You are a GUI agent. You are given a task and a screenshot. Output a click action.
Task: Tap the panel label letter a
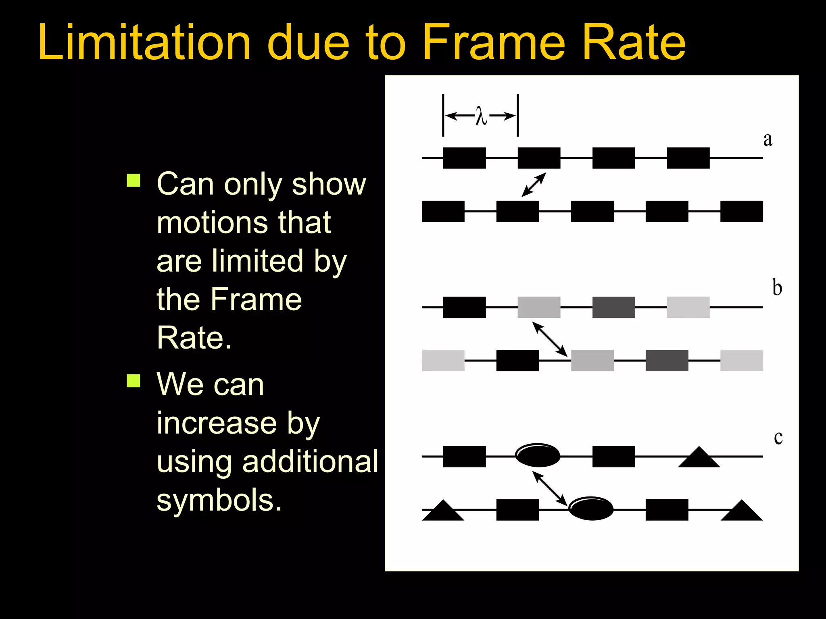tap(768, 139)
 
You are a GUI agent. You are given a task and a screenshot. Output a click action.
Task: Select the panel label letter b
tap(777, 288)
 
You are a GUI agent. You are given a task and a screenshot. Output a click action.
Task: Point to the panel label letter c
tap(778, 437)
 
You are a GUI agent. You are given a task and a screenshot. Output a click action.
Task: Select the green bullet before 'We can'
tap(133, 380)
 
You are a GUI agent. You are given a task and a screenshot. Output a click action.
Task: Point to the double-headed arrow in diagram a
tap(534, 185)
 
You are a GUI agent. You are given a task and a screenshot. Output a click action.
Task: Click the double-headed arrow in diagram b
tap(550, 339)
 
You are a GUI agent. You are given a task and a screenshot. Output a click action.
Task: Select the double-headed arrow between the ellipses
tap(550, 488)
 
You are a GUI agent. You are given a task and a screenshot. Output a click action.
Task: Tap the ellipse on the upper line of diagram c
tap(538, 455)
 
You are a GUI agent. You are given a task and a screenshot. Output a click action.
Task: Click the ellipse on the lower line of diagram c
tap(591, 509)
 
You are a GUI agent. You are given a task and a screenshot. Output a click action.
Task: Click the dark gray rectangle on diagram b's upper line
tap(613, 307)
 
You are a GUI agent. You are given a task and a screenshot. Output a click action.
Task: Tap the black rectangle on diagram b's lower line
tap(517, 360)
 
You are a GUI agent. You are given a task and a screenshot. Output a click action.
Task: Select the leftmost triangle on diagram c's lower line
tap(443, 512)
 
